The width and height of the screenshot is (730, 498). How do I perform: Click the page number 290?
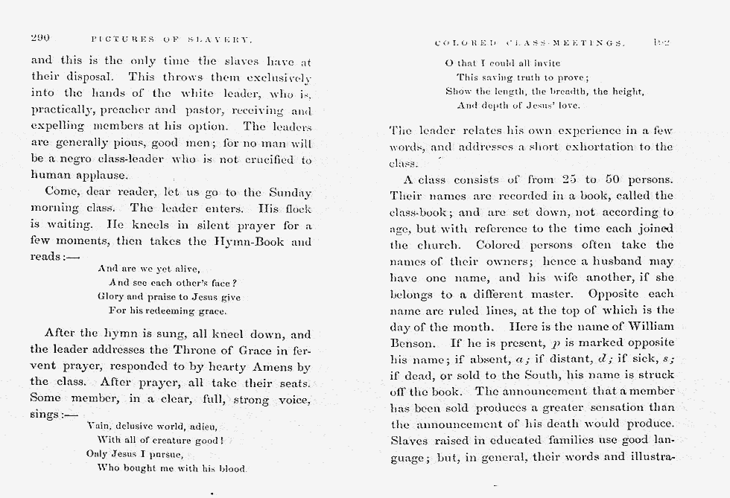[39, 38]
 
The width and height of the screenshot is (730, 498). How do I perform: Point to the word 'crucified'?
[267, 160]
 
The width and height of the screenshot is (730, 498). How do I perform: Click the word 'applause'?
[101, 176]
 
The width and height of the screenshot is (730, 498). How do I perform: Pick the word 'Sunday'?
[288, 193]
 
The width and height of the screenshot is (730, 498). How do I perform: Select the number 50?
[613, 179]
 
